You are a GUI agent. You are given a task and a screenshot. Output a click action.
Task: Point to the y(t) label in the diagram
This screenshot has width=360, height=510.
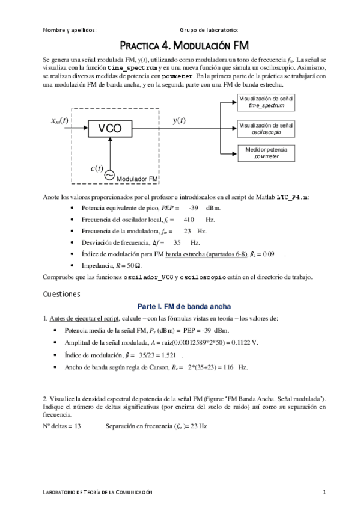(178, 120)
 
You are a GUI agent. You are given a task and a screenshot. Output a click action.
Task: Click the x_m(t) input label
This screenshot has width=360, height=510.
(59, 120)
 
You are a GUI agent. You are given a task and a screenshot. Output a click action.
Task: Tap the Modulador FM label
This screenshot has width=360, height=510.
(137, 179)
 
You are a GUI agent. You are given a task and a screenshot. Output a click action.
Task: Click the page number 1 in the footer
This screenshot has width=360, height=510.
(324, 493)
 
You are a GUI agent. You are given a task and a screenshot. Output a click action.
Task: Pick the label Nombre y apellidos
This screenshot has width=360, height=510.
(70, 30)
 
